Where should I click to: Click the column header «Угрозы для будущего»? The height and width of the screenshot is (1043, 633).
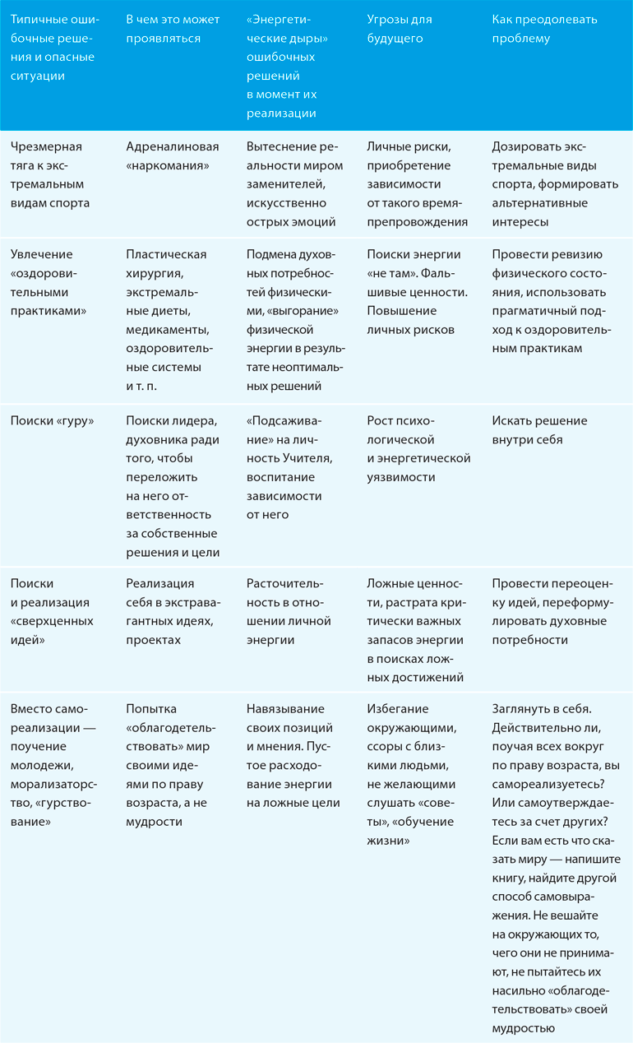pyautogui.click(x=400, y=29)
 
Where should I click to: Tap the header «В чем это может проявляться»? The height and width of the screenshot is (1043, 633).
pyautogui.click(x=173, y=29)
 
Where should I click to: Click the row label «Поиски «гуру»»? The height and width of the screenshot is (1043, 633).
pyautogui.click(x=52, y=421)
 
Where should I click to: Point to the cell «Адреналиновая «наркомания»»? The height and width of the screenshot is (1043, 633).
pyautogui.click(x=173, y=156)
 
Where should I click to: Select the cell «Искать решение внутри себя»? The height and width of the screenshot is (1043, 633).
pyautogui.click(x=539, y=430)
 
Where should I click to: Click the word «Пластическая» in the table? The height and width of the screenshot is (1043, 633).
pyautogui.click(x=166, y=255)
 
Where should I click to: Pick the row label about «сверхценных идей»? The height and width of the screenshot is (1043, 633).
pyautogui.click(x=52, y=611)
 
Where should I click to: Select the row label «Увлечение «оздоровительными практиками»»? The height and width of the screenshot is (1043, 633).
pyautogui.click(x=52, y=283)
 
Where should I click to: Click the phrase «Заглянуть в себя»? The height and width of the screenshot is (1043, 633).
pyautogui.click(x=540, y=709)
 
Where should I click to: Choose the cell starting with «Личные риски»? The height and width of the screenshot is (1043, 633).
pyautogui.click(x=416, y=184)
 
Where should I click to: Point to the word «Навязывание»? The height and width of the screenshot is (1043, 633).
pyautogui.click(x=285, y=709)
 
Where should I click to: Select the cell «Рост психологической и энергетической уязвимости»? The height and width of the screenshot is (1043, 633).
pyautogui.click(x=418, y=449)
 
